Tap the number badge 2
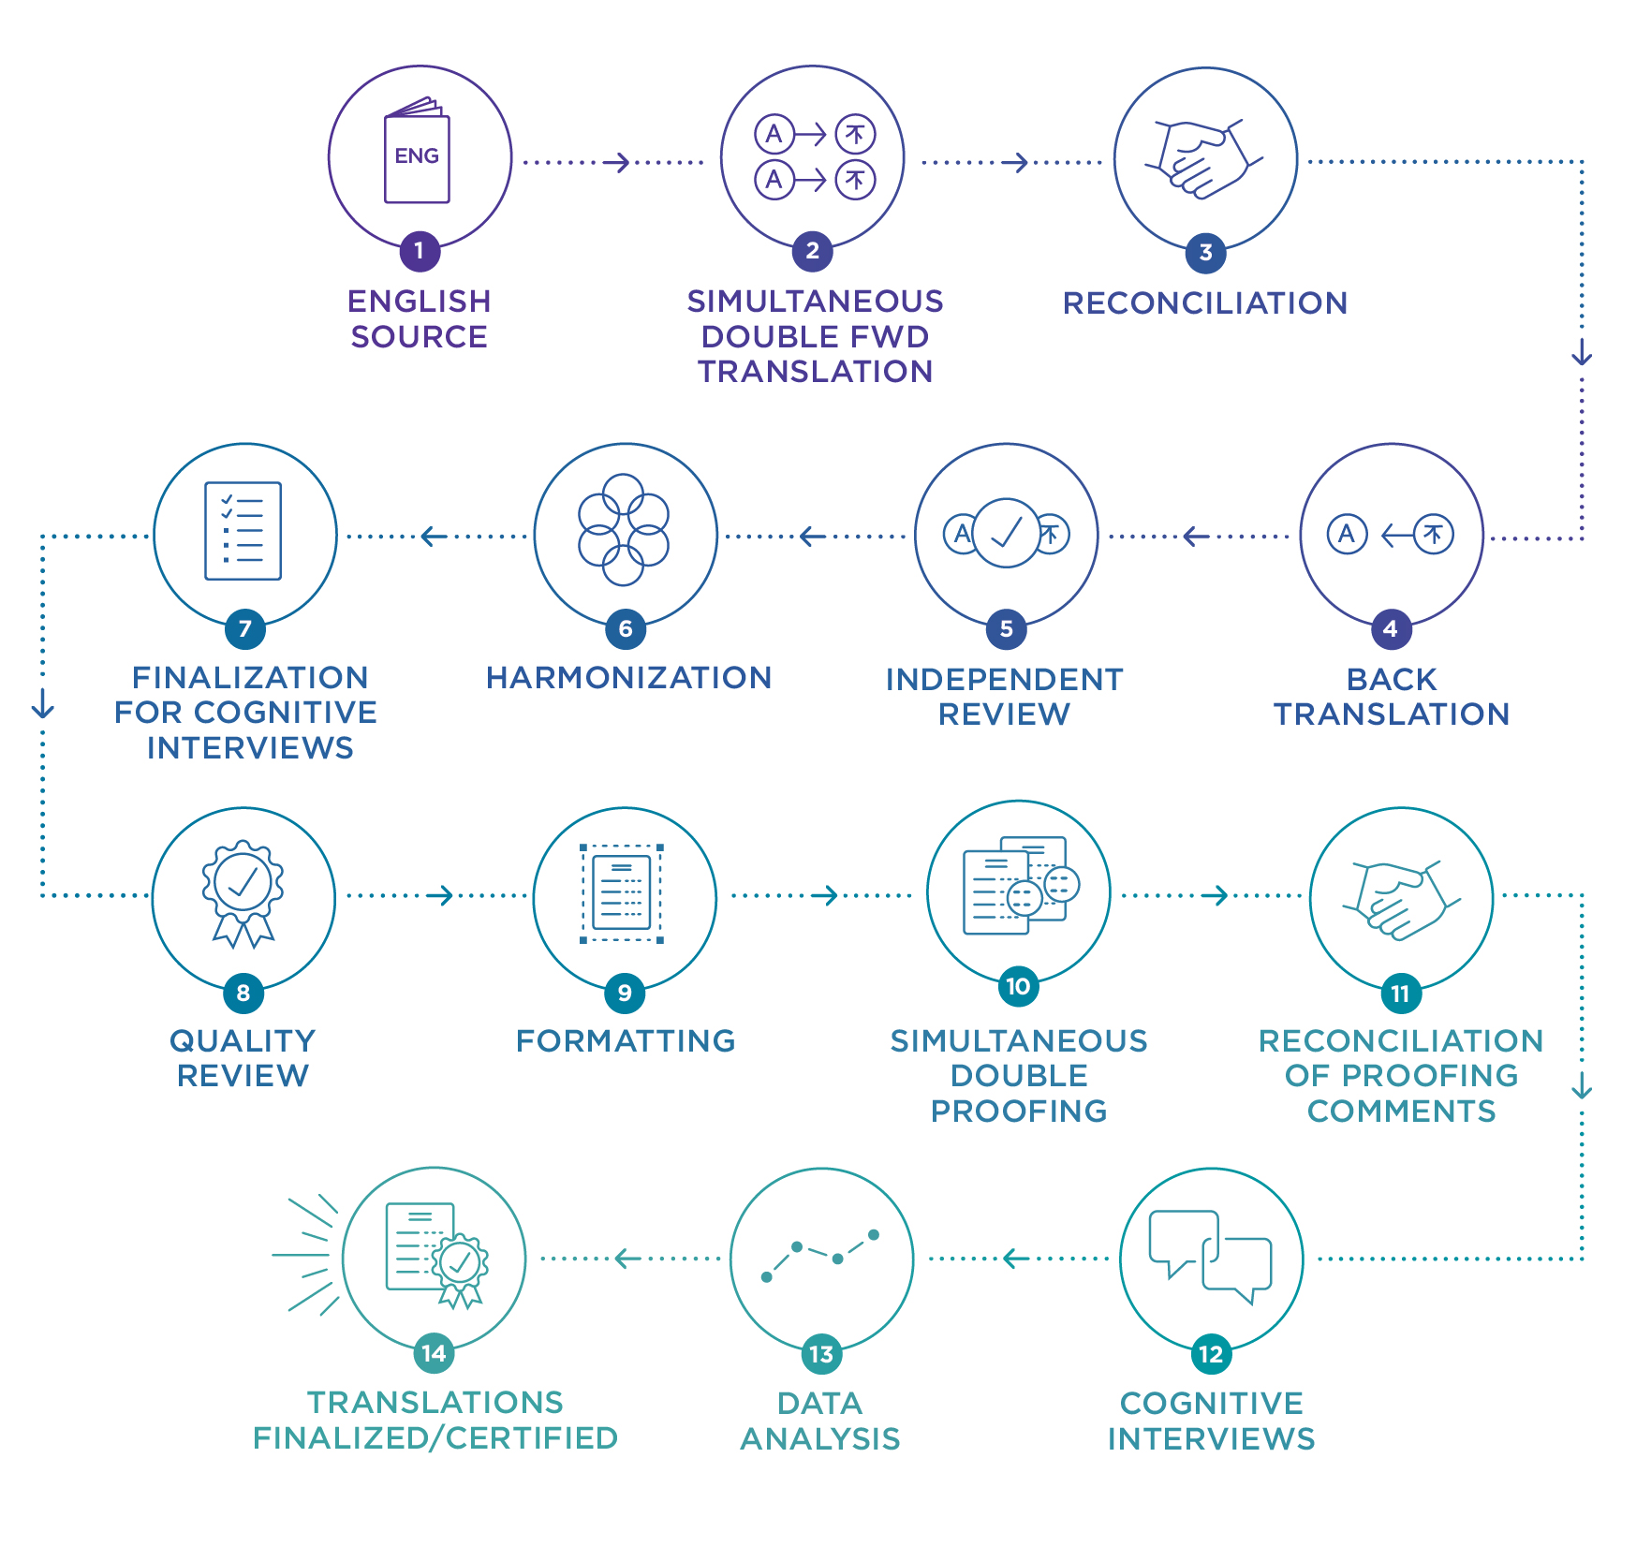pos(812,251)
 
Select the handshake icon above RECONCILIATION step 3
pos(1204,158)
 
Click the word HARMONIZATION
pos(628,677)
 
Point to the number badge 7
pos(245,628)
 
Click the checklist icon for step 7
pos(243,531)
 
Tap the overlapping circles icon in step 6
pos(624,530)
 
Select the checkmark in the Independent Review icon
pos(1007,532)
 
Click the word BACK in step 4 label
pos(1392,679)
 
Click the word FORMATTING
pos(626,1040)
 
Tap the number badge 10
pos(1018,987)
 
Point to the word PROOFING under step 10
pos(1019,1111)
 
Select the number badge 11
pos(1401,994)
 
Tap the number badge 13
pos(821,1354)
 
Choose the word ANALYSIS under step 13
pos(820,1438)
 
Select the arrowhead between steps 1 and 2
pos(618,163)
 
